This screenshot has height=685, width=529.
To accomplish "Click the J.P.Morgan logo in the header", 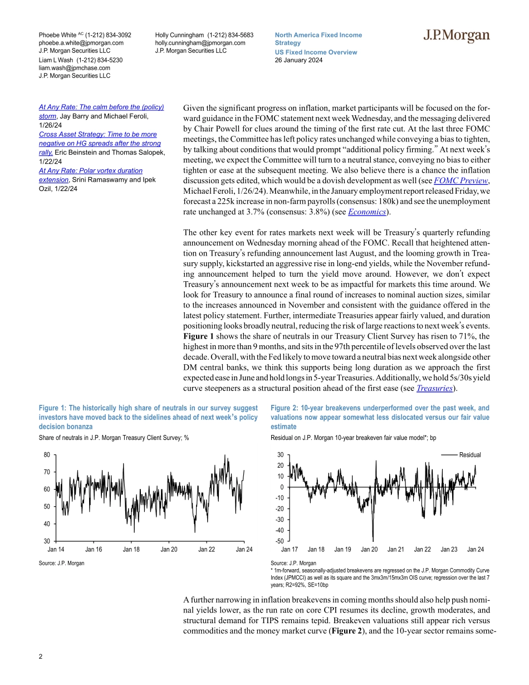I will (457, 37).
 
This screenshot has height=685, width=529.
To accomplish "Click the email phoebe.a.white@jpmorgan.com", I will (81, 42).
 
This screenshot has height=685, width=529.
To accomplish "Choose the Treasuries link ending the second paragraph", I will (437, 388).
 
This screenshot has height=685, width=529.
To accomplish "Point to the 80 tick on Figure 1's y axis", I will (47, 455).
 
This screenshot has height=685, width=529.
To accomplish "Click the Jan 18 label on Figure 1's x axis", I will (131, 550).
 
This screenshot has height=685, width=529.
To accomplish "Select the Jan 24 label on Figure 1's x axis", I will (244, 550).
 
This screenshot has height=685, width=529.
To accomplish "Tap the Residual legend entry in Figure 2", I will (470, 455).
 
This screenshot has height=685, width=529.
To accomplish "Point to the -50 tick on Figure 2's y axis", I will (279, 541).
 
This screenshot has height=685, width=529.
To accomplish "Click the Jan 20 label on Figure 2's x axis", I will (369, 550).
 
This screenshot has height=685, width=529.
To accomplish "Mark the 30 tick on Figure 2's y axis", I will (281, 455).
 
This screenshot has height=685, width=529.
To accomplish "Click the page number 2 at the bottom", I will (41, 657).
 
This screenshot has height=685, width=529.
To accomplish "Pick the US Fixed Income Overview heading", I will (316, 52).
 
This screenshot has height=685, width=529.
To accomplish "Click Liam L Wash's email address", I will (74, 68).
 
